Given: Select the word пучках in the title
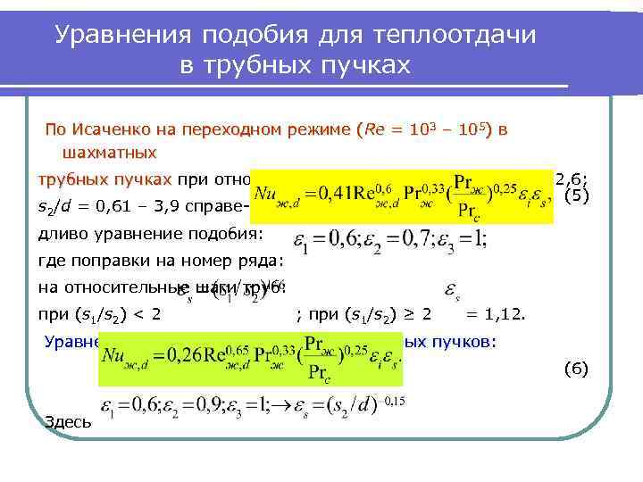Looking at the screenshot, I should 369,65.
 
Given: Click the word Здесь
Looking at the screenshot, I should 67,421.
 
